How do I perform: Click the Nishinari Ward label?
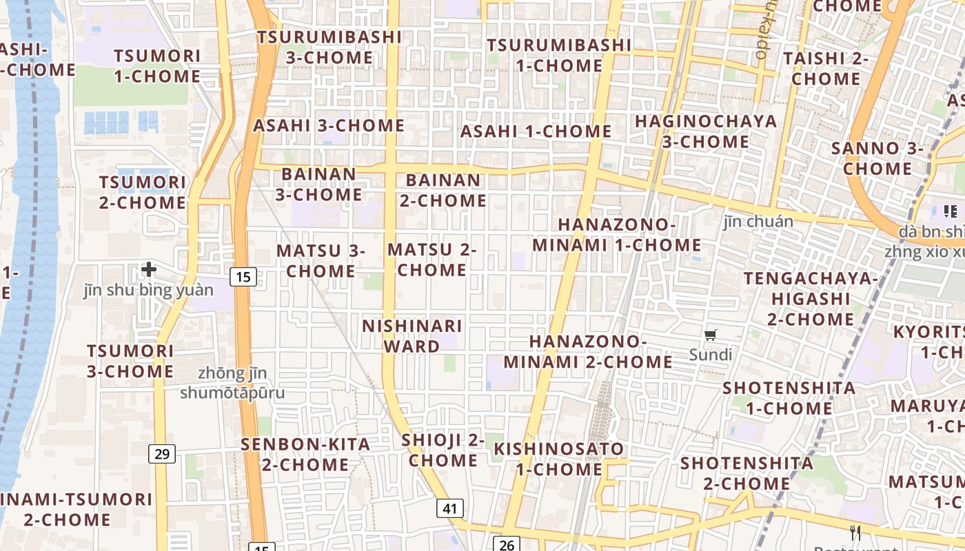[x=412, y=336]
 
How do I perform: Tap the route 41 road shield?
[x=449, y=509]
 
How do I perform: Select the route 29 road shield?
[x=162, y=453]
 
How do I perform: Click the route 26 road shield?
[x=506, y=544]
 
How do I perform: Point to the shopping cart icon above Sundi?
[x=711, y=335]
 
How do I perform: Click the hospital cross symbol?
[x=148, y=269]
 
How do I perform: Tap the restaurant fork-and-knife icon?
[x=855, y=532]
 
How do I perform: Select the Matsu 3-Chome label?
[x=321, y=261]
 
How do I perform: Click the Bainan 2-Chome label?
[x=443, y=191]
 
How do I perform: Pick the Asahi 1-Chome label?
[x=536, y=131]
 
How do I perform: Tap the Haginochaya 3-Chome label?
[x=705, y=132]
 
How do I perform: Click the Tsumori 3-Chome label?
[x=130, y=361]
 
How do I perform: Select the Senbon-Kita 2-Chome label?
[x=305, y=455]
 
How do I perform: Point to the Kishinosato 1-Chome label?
[x=559, y=459]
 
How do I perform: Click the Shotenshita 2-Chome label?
[x=746, y=473]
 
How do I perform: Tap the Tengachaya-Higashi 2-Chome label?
[x=810, y=299]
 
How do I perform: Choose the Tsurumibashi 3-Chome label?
[x=329, y=47]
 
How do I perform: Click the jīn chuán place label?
[x=758, y=222]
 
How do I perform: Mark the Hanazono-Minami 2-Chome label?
[x=588, y=352]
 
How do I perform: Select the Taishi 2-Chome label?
[x=825, y=68]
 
